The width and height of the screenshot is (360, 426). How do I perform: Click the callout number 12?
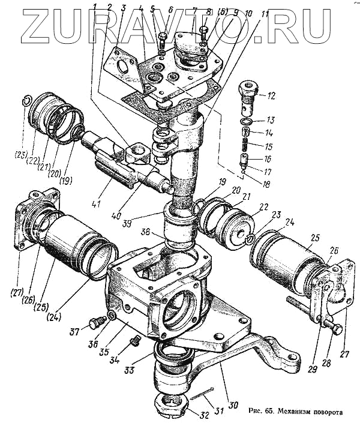271,95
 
